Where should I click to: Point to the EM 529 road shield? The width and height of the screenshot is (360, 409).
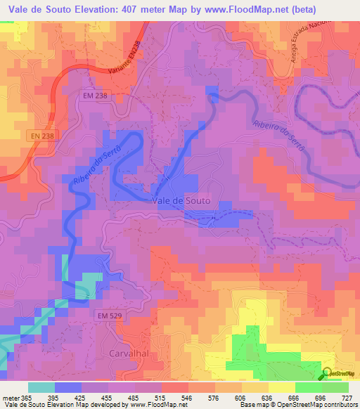110,316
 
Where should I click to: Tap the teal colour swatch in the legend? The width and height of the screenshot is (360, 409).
41,387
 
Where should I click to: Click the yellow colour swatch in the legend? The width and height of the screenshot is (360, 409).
281,387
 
